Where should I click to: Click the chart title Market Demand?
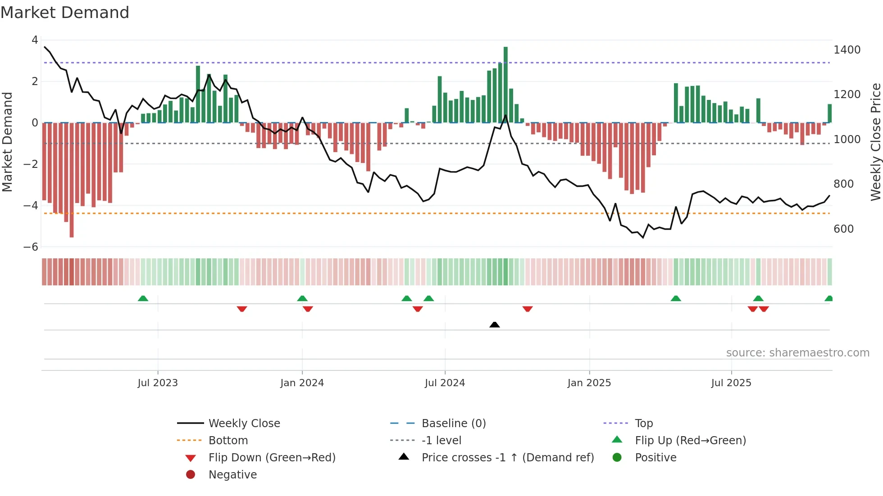65,13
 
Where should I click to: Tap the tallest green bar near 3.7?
505,84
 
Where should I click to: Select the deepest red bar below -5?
72,180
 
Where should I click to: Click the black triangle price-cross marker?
495,325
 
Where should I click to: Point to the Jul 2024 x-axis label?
445,383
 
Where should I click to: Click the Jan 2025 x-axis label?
589,383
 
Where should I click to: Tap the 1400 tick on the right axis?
847,50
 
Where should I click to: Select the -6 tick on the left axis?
31,247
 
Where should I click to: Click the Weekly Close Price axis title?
875,142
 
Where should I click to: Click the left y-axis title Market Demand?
8,142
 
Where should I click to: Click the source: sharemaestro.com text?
797,353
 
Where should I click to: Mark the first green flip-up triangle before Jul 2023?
143,298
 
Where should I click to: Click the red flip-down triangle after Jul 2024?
528,309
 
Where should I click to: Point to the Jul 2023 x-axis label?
158,383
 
